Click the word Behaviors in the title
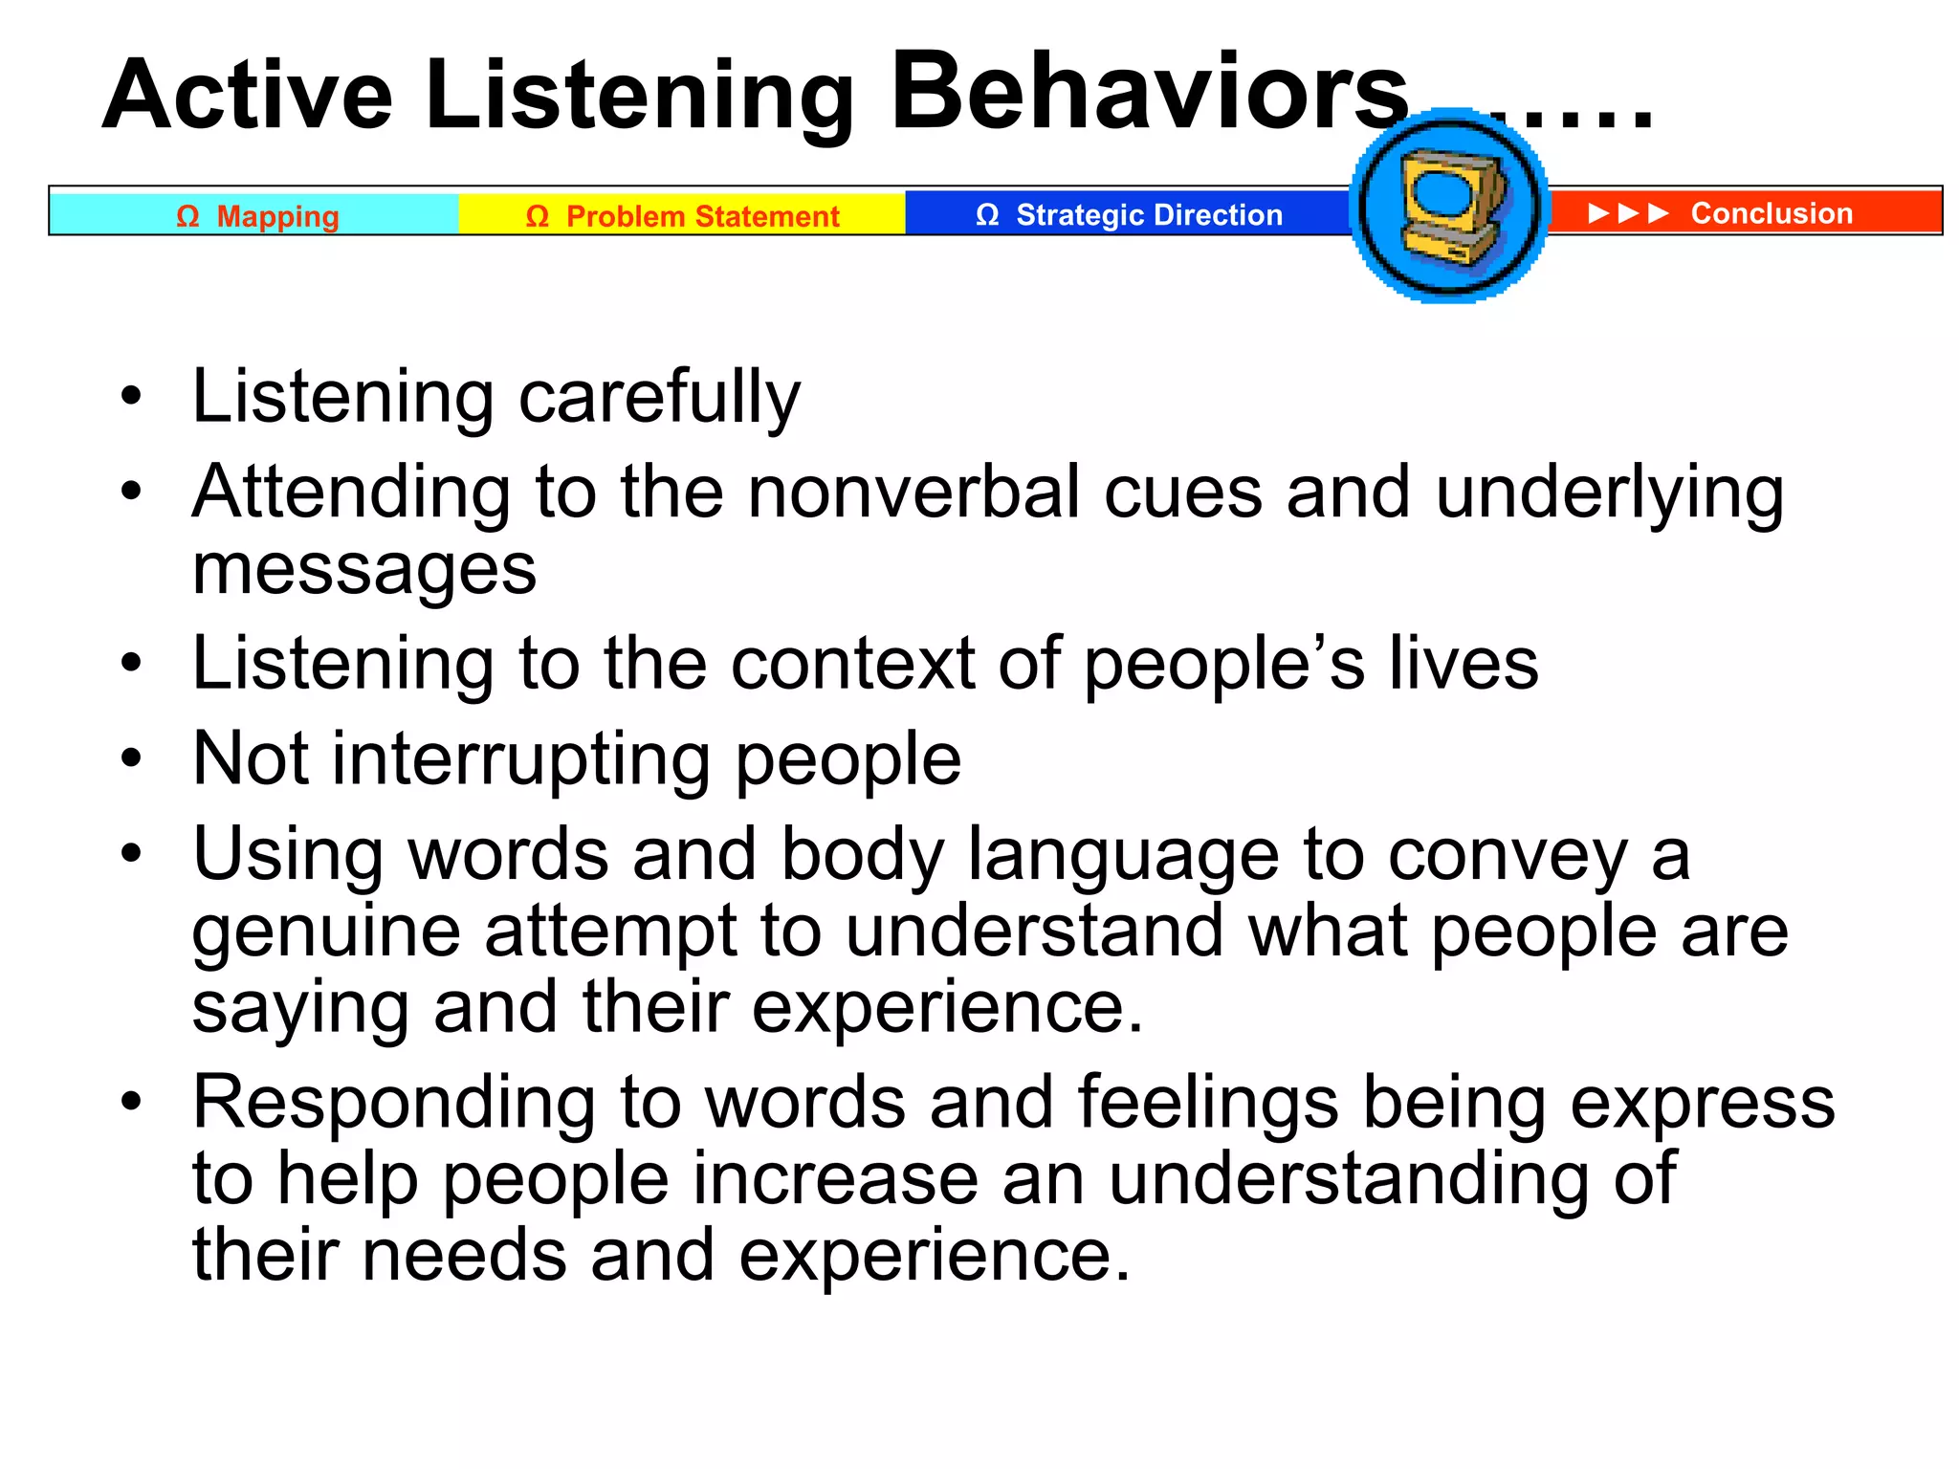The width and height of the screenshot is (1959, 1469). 1148,94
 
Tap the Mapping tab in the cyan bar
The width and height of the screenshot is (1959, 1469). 256,216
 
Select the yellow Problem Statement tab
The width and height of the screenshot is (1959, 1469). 682,216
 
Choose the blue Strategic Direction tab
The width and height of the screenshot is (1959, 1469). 1129,215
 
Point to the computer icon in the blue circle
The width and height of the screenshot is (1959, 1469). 1449,207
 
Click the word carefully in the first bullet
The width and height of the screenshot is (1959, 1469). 659,397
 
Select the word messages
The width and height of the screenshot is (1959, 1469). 364,569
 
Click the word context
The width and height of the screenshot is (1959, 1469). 852,663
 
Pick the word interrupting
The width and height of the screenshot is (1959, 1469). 520,759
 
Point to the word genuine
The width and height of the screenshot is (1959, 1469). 325,932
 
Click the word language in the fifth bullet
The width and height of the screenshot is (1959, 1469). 1123,854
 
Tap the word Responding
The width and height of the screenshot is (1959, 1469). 393,1103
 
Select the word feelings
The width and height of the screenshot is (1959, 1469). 1207,1103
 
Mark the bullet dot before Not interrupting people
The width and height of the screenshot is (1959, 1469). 131,759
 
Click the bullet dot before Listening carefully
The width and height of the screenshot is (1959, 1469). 131,396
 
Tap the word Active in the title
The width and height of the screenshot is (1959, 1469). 248,96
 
